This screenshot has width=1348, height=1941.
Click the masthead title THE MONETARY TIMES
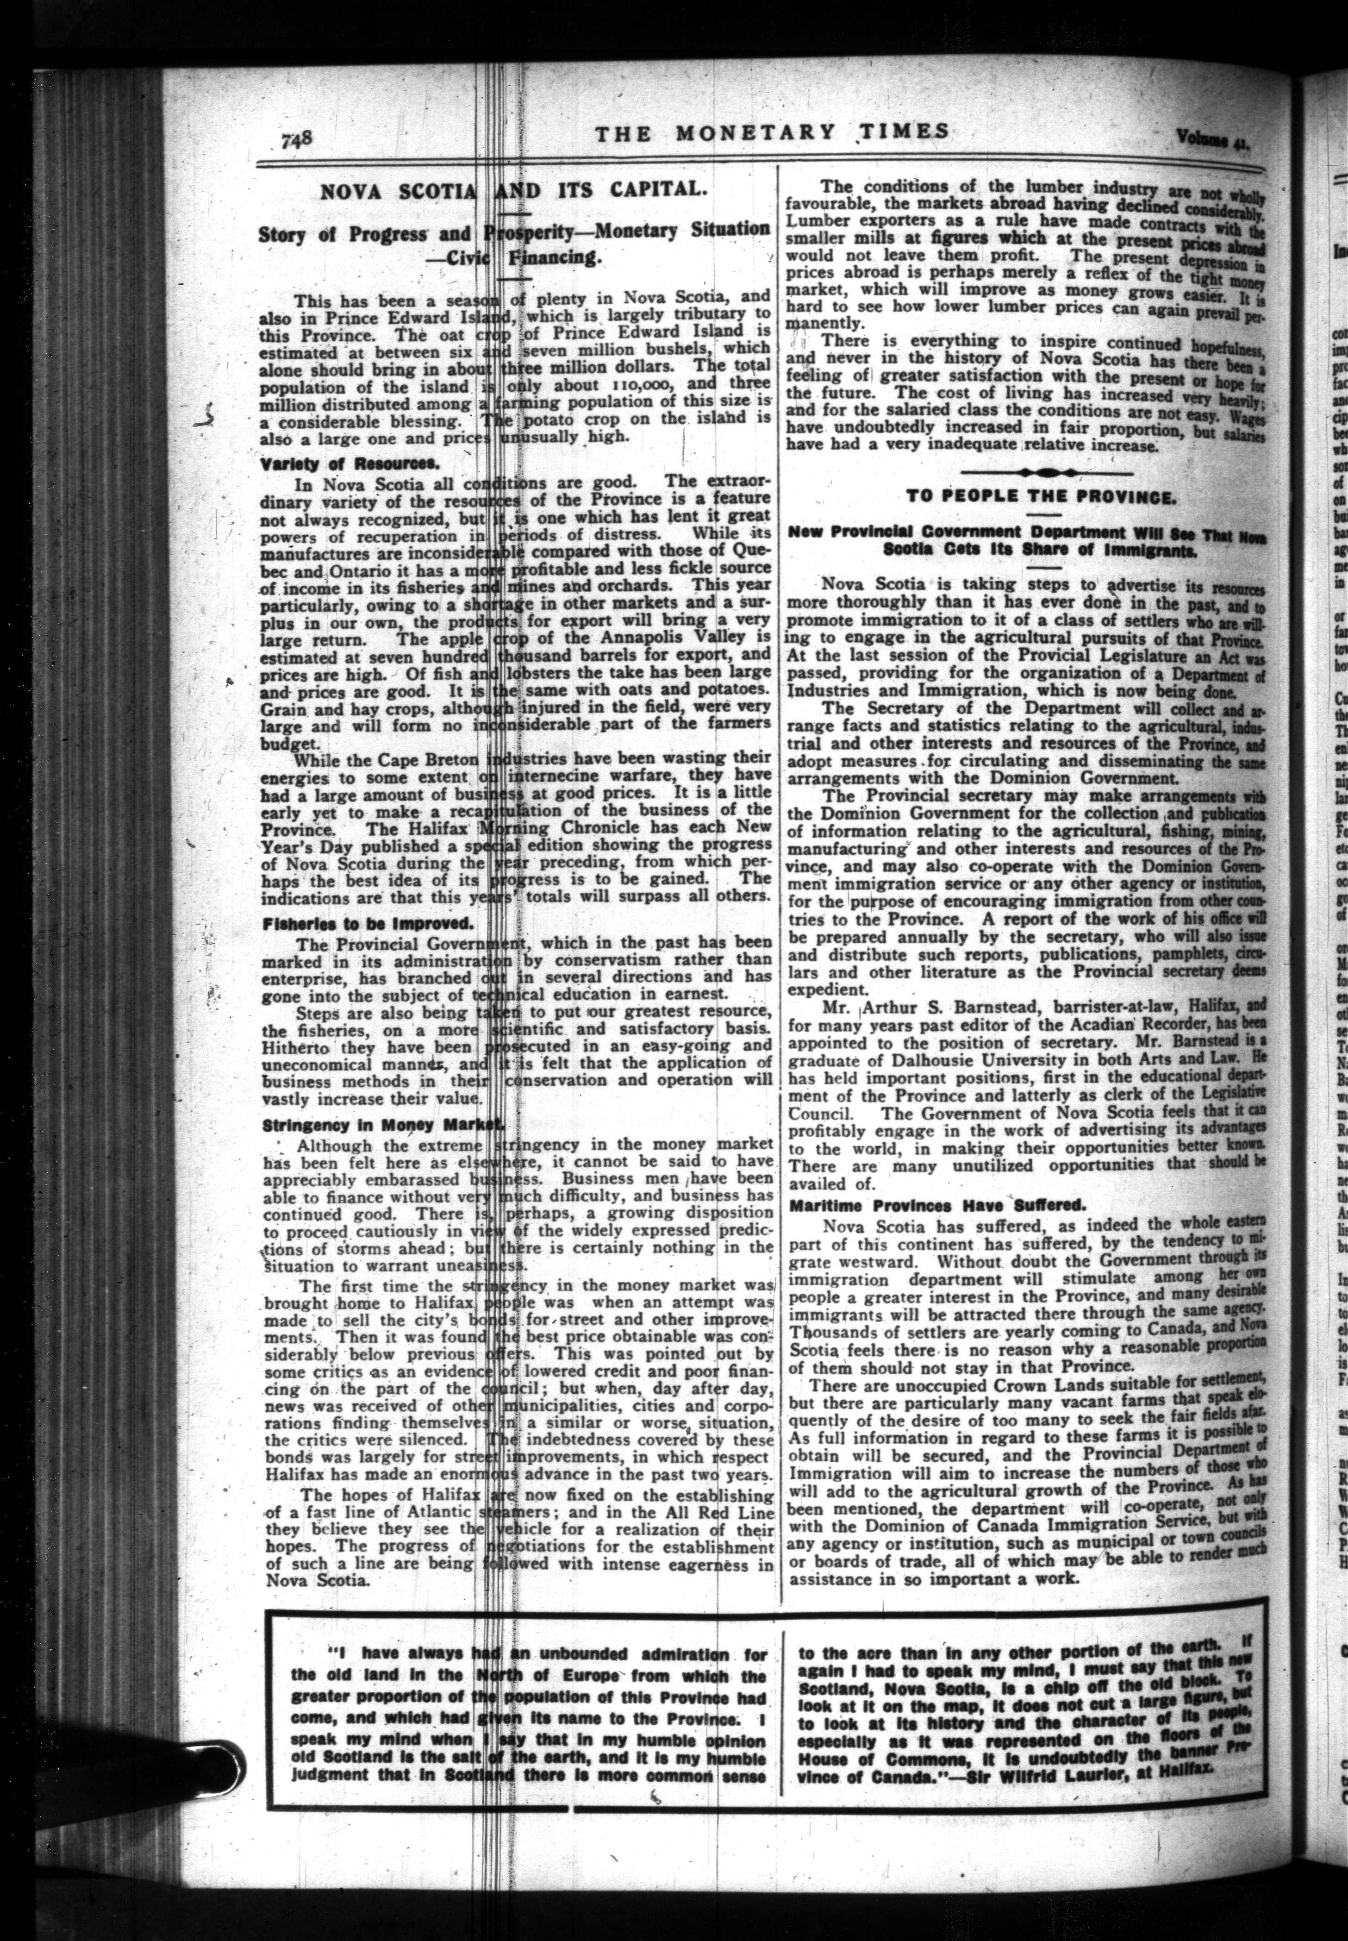pos(772,132)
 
